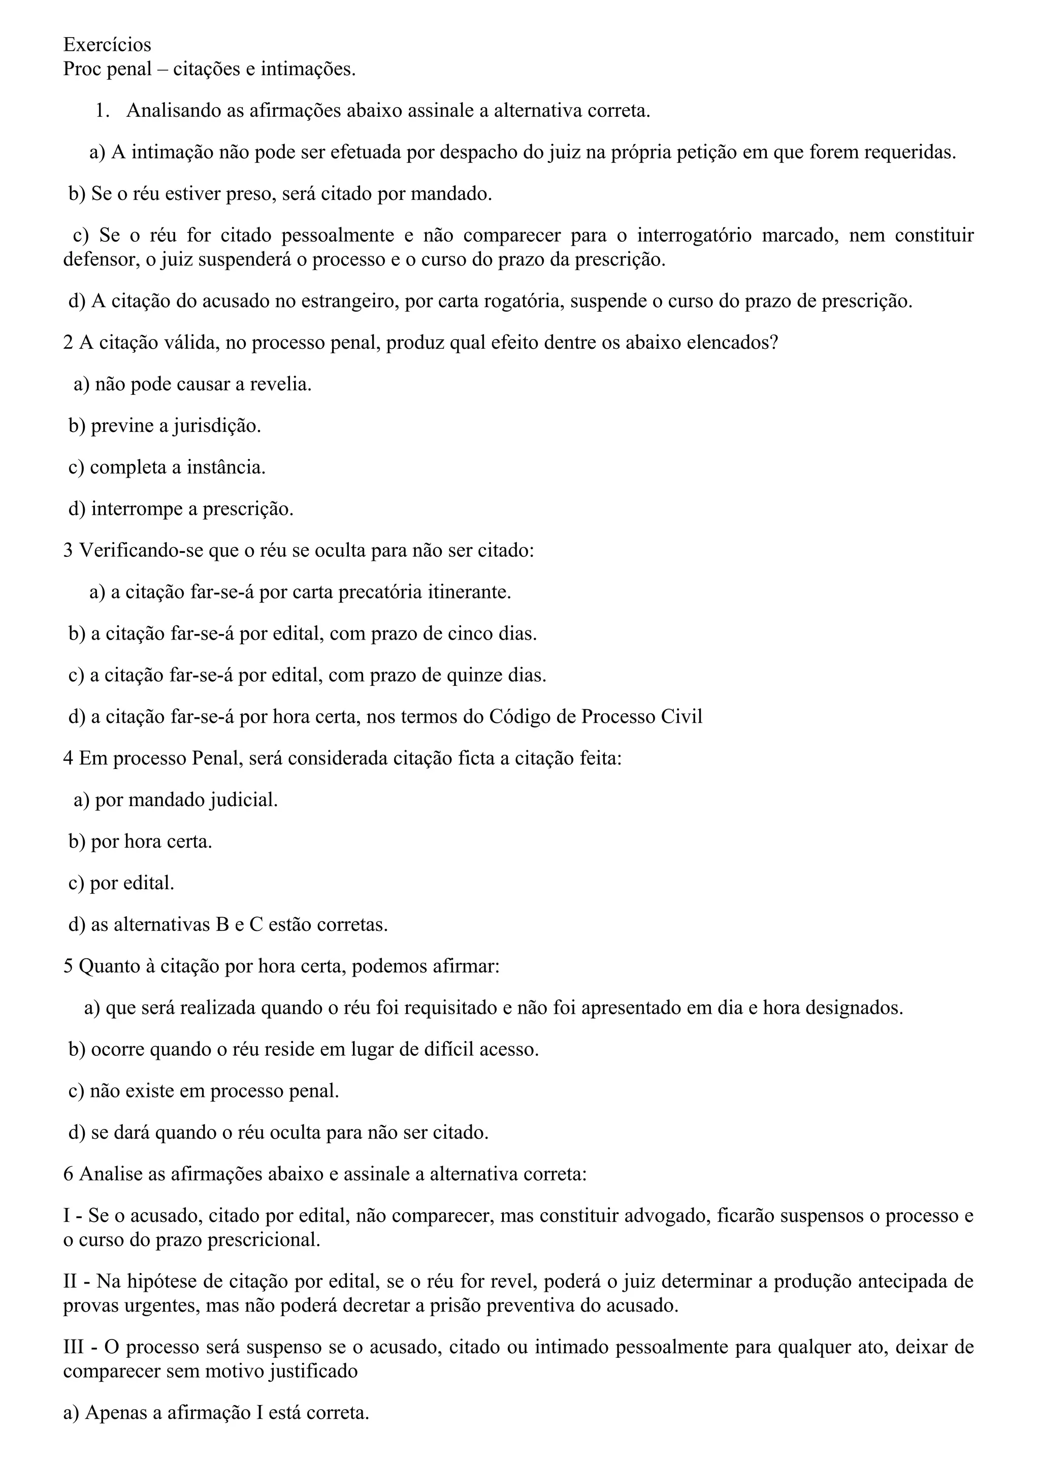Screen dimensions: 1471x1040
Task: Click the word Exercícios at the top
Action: click(x=107, y=45)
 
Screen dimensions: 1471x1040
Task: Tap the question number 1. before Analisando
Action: click(x=103, y=111)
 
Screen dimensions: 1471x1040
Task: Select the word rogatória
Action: click(x=519, y=301)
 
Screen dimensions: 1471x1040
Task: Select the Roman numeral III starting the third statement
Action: click(x=73, y=1347)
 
